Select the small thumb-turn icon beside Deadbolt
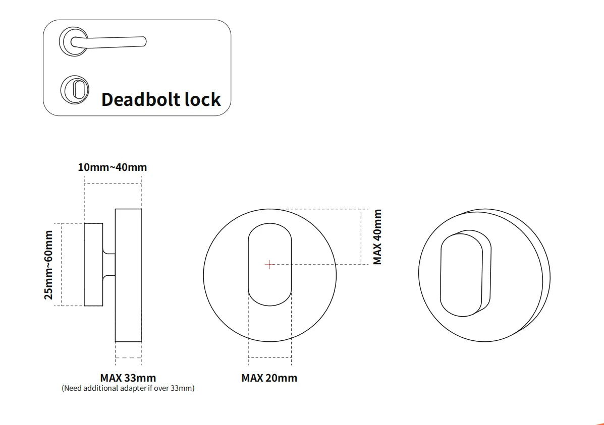point(75,89)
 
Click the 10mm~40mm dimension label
point(112,167)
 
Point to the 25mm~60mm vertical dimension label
point(48,264)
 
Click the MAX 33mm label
point(128,378)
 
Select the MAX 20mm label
point(269,378)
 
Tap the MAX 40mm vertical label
point(377,237)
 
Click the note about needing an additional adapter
point(128,388)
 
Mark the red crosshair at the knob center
point(269,264)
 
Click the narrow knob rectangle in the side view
point(93,264)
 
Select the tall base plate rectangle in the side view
point(128,275)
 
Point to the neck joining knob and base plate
point(109,264)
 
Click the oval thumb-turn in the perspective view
point(462,275)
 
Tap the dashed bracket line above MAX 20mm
point(269,357)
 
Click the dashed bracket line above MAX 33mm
point(128,357)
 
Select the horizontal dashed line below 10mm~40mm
point(113,184)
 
